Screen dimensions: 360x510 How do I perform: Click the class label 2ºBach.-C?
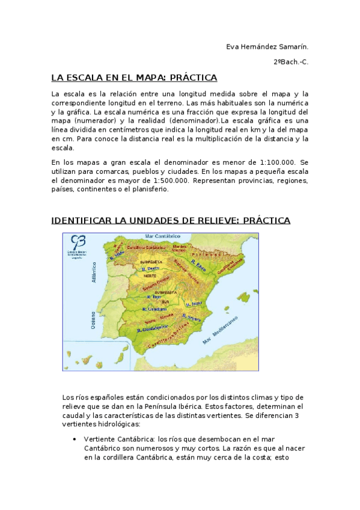coord(291,62)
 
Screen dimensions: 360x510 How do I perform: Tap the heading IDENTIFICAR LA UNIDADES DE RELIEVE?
coord(171,221)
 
